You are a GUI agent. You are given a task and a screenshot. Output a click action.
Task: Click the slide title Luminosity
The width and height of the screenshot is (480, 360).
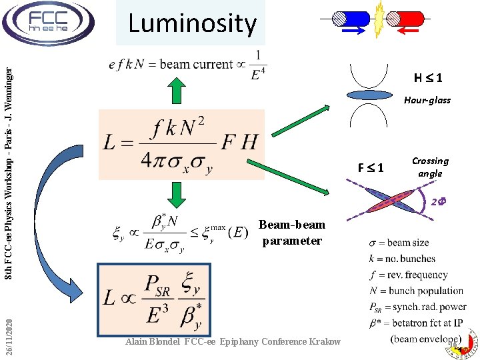click(192, 24)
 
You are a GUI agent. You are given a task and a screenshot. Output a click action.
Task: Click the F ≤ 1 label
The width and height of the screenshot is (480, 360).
click(370, 167)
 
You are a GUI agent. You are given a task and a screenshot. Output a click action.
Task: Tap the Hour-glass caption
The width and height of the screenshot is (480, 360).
click(427, 100)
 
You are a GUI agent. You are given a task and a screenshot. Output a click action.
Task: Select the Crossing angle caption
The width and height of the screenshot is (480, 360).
click(430, 167)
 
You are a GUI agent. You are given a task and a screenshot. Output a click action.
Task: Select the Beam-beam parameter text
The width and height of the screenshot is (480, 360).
click(292, 233)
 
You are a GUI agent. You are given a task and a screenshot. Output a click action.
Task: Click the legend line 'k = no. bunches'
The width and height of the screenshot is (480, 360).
click(402, 259)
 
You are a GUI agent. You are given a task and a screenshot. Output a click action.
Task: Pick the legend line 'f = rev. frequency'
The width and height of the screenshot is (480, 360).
click(408, 275)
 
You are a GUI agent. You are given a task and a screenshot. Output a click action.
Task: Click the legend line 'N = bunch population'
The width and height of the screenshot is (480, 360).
click(415, 291)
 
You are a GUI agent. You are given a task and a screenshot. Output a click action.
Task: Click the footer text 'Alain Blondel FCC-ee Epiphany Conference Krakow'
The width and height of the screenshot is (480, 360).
click(233, 342)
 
